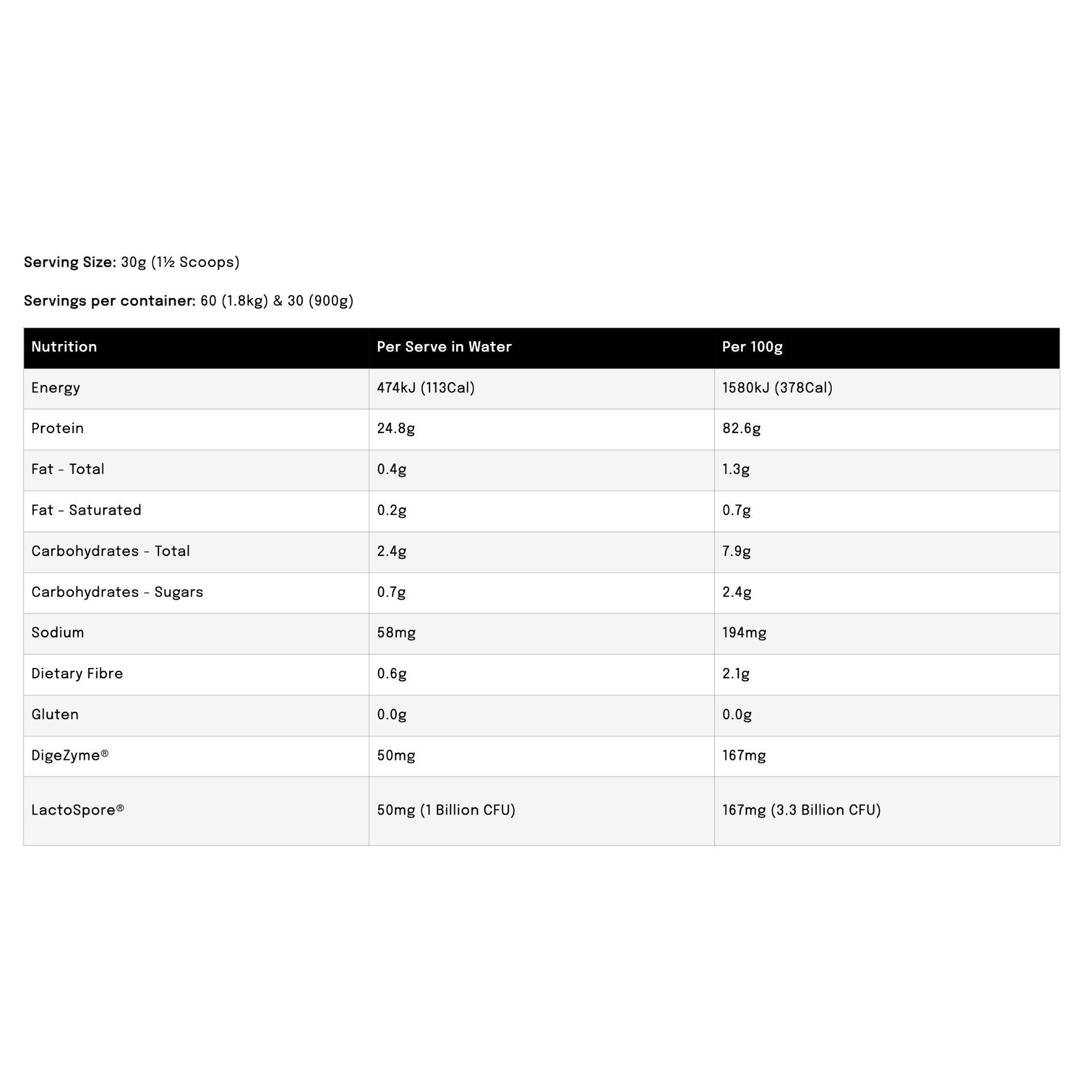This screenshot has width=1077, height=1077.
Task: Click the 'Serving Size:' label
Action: click(x=70, y=263)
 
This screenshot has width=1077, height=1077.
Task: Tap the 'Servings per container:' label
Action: click(x=109, y=301)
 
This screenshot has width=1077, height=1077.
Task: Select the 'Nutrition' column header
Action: click(x=64, y=347)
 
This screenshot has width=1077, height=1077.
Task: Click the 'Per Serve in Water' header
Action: click(x=443, y=347)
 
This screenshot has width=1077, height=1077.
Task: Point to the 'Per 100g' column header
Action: click(x=752, y=347)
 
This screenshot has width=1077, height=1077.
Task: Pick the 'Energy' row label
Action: click(x=56, y=388)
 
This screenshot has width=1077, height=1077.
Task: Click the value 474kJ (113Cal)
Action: click(x=426, y=388)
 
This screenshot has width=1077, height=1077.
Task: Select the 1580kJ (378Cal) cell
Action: click(x=777, y=388)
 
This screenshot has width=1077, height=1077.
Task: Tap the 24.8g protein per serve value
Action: click(x=396, y=429)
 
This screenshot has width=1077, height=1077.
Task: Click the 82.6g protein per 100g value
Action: click(x=741, y=429)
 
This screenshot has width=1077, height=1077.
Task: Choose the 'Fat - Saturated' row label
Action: click(x=86, y=510)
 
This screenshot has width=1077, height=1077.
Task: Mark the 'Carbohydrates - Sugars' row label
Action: click(x=117, y=592)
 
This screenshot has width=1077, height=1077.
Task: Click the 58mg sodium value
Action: click(x=396, y=633)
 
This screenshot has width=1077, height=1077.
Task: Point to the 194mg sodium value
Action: click(x=744, y=633)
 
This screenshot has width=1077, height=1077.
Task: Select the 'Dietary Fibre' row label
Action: click(x=77, y=674)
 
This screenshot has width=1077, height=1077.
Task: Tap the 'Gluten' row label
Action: click(x=55, y=715)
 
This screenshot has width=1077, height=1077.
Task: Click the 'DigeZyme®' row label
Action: click(x=70, y=755)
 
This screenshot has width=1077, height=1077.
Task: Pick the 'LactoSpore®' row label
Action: click(x=78, y=810)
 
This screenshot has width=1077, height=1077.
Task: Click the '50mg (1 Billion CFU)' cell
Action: click(x=446, y=810)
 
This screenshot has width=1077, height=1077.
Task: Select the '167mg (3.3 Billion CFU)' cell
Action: click(x=801, y=810)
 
